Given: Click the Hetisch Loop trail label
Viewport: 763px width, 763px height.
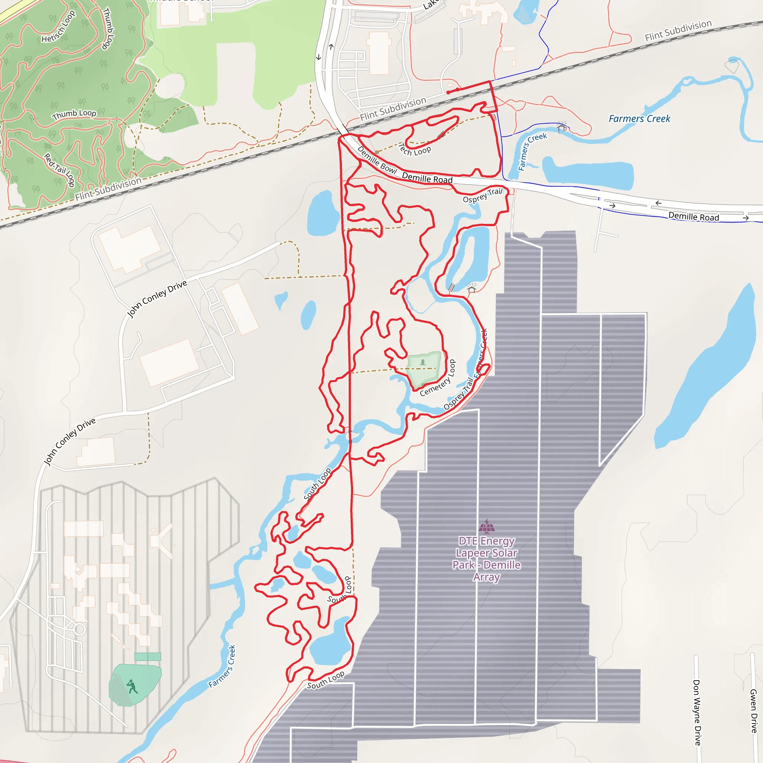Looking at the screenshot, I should pyautogui.click(x=58, y=27).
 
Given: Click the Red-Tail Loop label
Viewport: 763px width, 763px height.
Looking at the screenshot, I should pyautogui.click(x=60, y=170).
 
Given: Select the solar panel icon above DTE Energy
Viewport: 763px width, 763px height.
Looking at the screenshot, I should pyautogui.click(x=487, y=526).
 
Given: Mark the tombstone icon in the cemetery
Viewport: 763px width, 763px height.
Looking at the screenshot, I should pyautogui.click(x=423, y=362).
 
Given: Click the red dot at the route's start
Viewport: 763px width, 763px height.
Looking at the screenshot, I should pyautogui.click(x=448, y=92).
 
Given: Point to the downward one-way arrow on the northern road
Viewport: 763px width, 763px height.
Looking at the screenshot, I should pyautogui.click(x=318, y=57).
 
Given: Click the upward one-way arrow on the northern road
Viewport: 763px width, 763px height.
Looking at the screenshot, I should pyautogui.click(x=331, y=47).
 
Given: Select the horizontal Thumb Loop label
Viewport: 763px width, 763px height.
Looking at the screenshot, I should pyautogui.click(x=74, y=114).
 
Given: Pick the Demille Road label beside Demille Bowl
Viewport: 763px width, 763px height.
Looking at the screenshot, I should pyautogui.click(x=427, y=178).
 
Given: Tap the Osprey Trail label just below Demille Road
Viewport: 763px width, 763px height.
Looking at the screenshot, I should pyautogui.click(x=482, y=196).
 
